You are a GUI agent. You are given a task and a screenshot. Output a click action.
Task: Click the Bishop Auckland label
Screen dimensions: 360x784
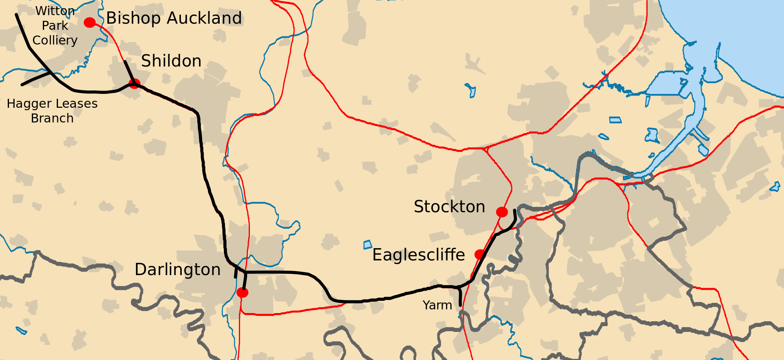(x=174, y=18)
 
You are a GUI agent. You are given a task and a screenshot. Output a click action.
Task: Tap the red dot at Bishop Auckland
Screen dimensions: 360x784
(x=89, y=22)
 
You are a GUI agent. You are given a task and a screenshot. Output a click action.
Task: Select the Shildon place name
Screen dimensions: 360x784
(x=171, y=61)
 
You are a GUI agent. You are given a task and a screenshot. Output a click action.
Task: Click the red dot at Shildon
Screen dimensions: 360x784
(x=134, y=84)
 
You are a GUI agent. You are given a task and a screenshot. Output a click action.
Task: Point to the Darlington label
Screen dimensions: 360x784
(x=178, y=270)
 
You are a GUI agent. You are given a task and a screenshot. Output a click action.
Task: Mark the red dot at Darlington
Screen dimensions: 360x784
(x=242, y=293)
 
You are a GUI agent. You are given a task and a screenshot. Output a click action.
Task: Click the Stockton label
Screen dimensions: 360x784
(x=449, y=207)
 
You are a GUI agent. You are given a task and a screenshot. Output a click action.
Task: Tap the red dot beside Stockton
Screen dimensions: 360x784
(x=502, y=212)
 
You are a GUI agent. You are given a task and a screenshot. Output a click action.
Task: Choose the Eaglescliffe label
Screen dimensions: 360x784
(x=419, y=255)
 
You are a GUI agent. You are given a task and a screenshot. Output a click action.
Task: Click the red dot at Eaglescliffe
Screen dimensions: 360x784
(x=480, y=254)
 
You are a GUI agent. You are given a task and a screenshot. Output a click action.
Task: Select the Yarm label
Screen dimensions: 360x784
(x=437, y=305)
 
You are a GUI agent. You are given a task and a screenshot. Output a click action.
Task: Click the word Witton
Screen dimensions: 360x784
(x=55, y=11)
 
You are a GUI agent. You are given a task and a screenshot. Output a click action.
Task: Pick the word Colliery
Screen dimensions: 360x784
(x=55, y=40)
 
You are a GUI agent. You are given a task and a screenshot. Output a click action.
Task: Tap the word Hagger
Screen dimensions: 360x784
(x=26, y=104)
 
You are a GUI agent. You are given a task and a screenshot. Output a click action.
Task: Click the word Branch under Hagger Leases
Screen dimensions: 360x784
(x=52, y=118)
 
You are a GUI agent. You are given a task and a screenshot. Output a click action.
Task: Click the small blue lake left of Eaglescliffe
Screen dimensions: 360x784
(x=367, y=245)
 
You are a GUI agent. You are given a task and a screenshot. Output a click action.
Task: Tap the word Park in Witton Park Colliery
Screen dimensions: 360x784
(x=55, y=26)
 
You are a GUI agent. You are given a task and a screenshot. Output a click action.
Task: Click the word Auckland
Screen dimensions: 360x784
(x=204, y=18)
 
